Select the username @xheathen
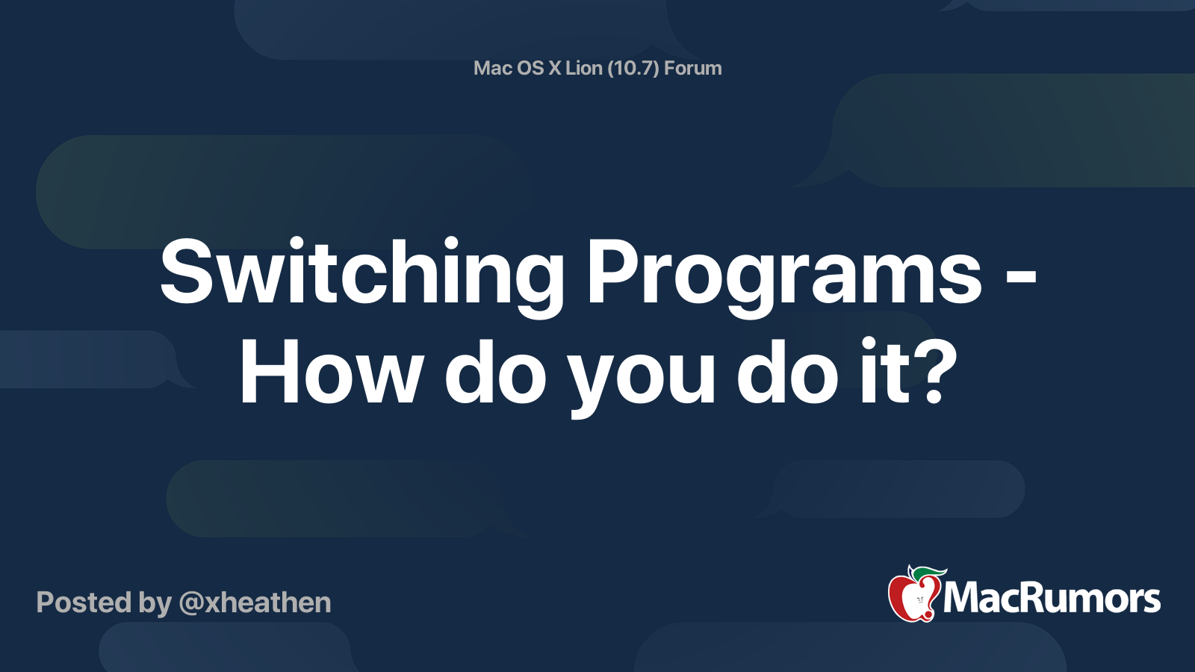(x=255, y=603)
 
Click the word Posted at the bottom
(x=83, y=603)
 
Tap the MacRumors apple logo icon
(x=913, y=596)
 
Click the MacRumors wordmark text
(x=1052, y=599)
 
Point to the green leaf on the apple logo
(x=926, y=573)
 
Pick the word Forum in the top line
(x=692, y=68)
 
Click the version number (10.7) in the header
(x=633, y=68)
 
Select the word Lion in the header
(x=583, y=68)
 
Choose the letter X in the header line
(x=555, y=68)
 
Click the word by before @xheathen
(x=155, y=603)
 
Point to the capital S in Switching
(x=184, y=272)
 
